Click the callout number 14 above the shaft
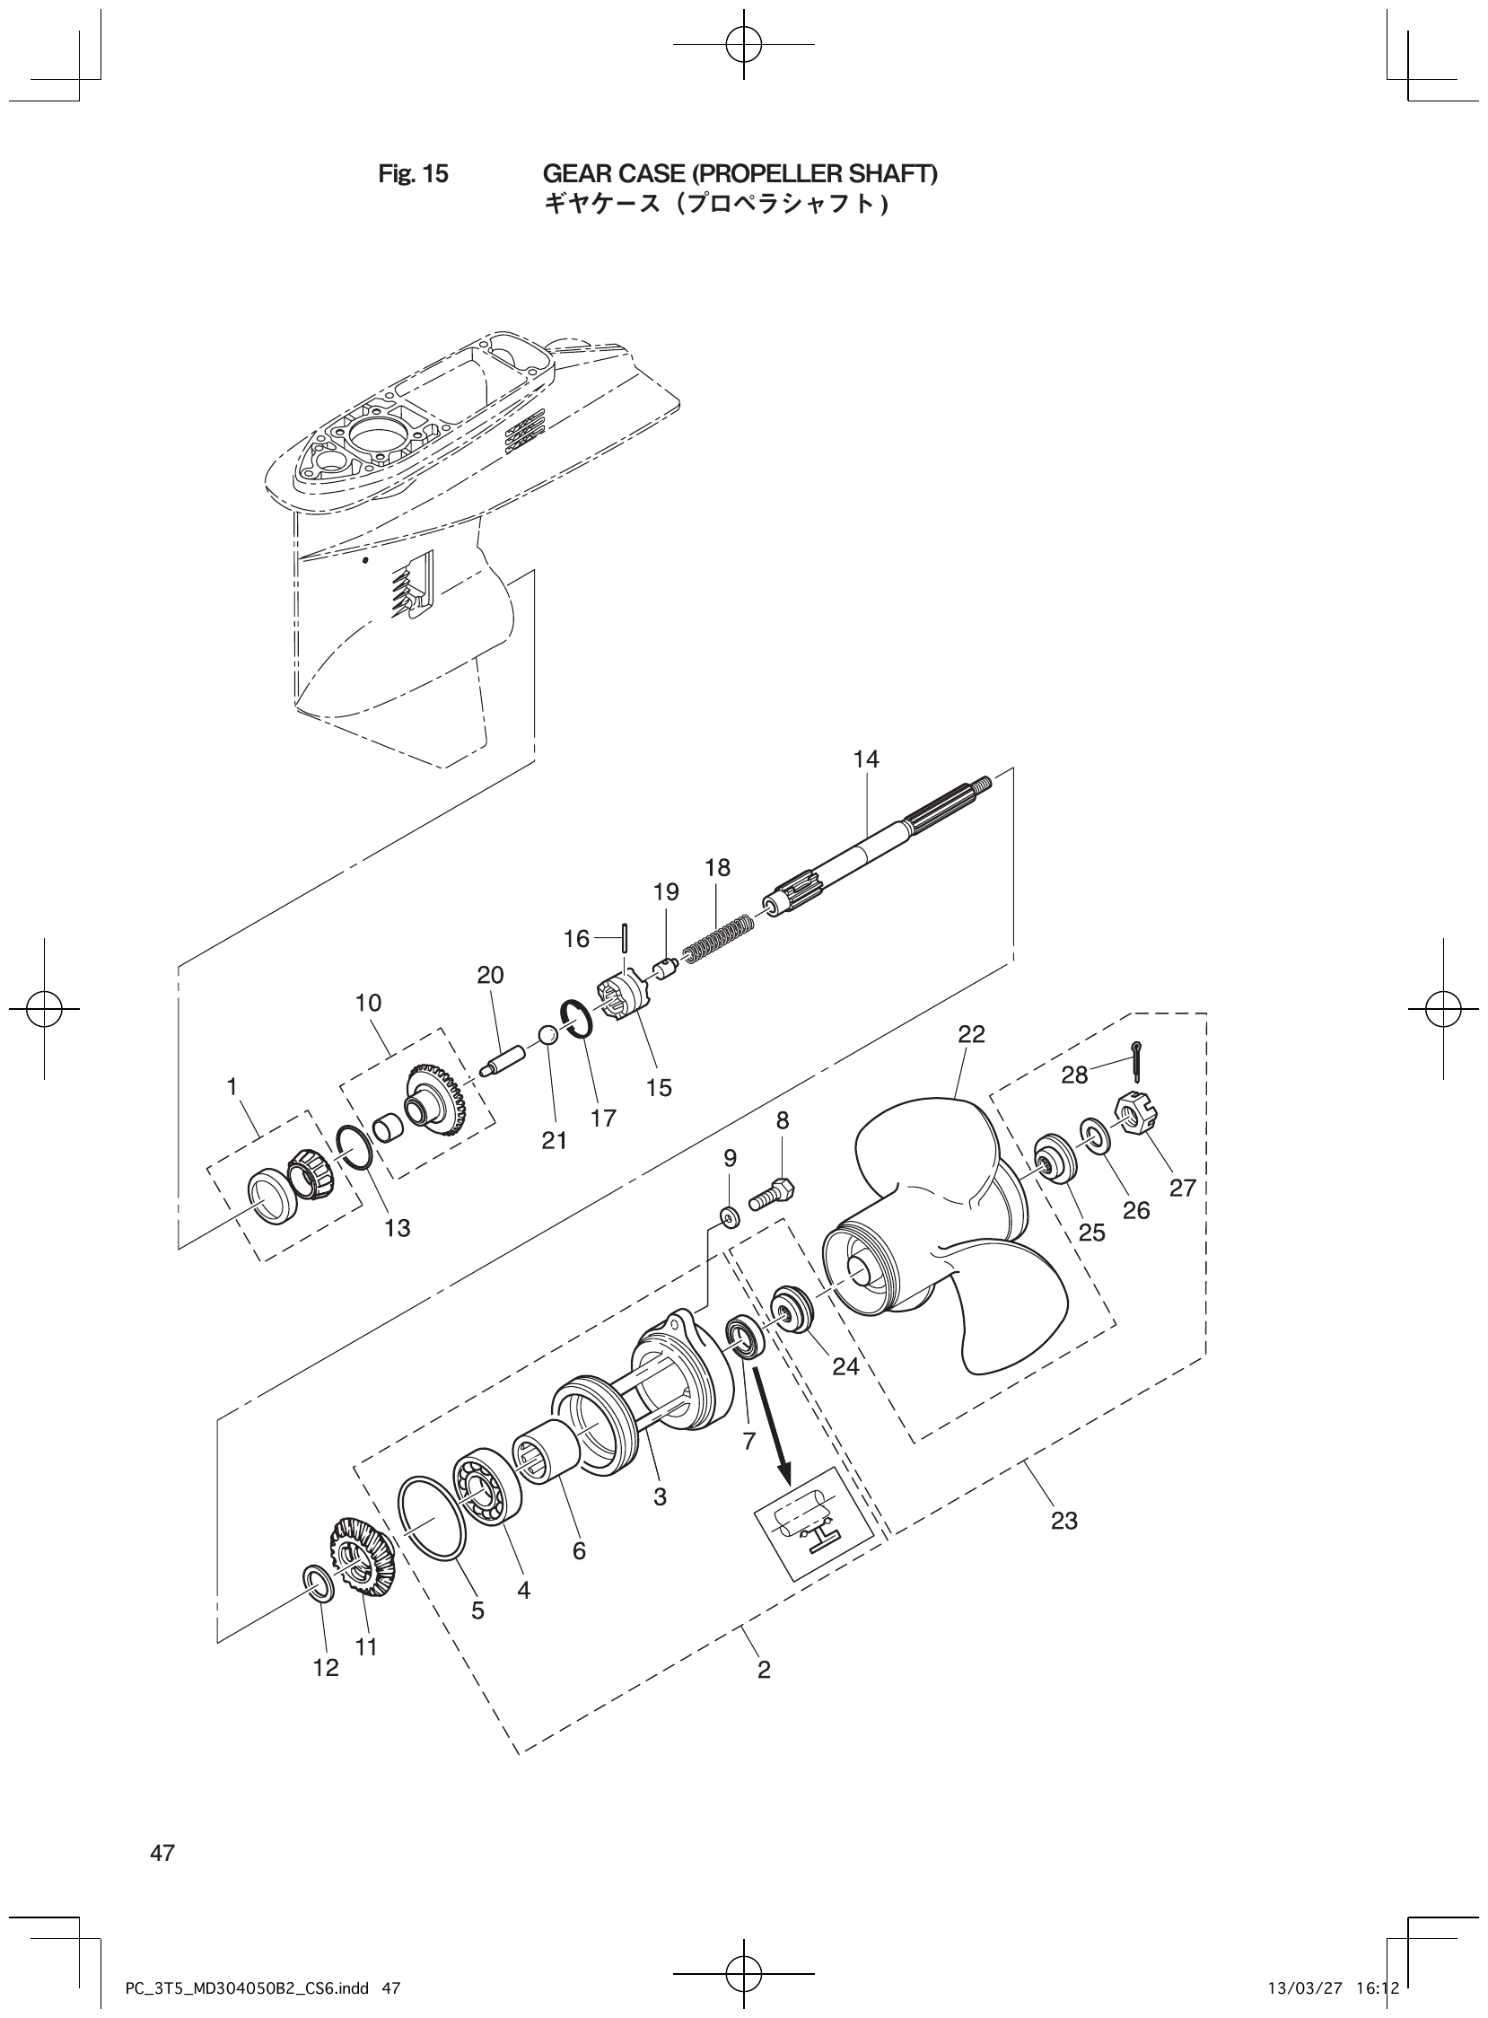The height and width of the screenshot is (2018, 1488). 865,759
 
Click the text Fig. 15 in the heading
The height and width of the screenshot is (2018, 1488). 413,174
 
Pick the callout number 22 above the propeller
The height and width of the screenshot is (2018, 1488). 972,1034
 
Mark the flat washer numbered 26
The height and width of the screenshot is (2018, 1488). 1094,1137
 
